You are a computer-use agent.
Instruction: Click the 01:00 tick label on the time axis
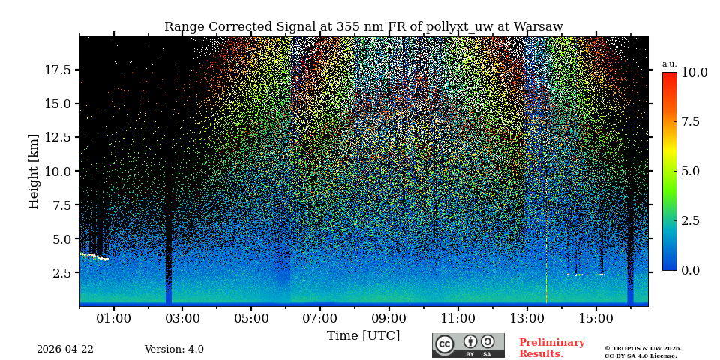click(x=113, y=319)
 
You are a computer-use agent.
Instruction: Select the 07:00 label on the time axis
click(x=320, y=319)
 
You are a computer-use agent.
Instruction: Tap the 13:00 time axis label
click(x=526, y=319)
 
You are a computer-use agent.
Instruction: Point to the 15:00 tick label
click(x=595, y=319)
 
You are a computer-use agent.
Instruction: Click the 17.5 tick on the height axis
click(x=58, y=70)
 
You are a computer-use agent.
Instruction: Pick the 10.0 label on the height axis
click(x=58, y=171)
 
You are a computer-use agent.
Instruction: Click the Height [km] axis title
click(x=34, y=171)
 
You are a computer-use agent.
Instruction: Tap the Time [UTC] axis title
click(x=363, y=336)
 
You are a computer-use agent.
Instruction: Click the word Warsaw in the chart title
click(x=536, y=27)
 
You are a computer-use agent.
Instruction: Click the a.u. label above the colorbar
click(x=669, y=64)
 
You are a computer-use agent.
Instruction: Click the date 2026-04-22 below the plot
click(x=65, y=349)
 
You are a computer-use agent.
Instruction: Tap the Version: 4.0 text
click(x=174, y=349)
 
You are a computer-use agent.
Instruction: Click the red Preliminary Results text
click(x=551, y=348)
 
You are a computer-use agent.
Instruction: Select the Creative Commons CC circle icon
click(x=445, y=344)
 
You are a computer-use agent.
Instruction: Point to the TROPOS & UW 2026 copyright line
click(x=643, y=349)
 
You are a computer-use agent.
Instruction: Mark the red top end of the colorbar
click(x=669, y=76)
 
